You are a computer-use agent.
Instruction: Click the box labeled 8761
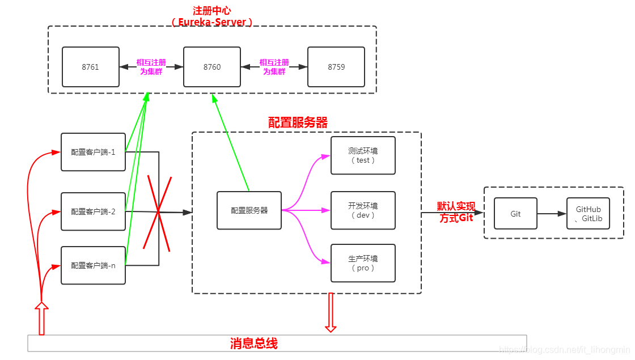tap(91, 67)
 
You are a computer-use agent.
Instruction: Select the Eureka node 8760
tap(212, 67)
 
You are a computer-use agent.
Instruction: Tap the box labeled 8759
tap(336, 67)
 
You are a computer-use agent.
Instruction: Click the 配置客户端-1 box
tap(93, 152)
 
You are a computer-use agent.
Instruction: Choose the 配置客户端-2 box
tap(93, 211)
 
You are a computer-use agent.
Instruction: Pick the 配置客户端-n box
tap(93, 265)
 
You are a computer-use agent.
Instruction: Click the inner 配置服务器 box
tap(249, 210)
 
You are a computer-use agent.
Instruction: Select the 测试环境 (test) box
tap(363, 155)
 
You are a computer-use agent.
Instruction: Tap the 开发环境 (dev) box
tap(363, 210)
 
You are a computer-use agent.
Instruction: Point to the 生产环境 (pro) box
tap(363, 263)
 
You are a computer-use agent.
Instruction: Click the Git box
tap(515, 214)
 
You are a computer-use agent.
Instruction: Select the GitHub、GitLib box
tap(588, 214)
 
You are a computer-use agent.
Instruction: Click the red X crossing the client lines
tap(158, 213)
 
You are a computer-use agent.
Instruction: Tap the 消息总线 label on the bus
tap(253, 344)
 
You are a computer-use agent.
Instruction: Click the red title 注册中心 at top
tap(211, 11)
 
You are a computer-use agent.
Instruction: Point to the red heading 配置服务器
tap(298, 122)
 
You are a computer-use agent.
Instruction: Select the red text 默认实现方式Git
tap(456, 212)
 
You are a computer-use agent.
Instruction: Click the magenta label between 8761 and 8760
tap(151, 67)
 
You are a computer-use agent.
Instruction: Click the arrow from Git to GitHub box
tap(552, 214)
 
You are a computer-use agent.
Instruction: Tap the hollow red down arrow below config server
tap(331, 312)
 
